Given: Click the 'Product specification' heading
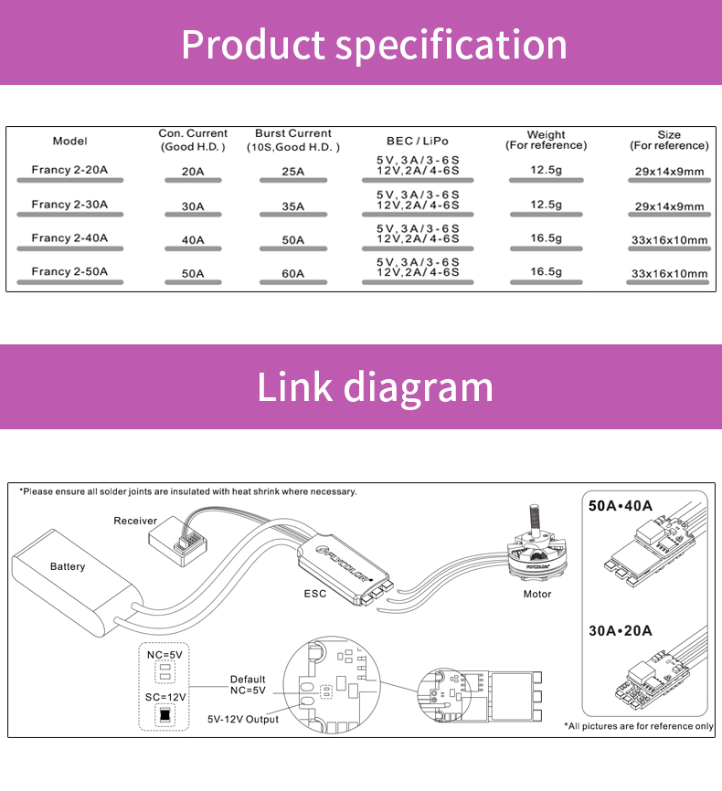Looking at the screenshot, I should tap(374, 44).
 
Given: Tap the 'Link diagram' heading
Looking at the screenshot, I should tap(375, 386).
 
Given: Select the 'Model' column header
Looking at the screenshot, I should tap(69, 141).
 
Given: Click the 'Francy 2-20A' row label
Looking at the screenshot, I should tap(69, 170).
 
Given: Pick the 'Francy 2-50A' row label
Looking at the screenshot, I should tap(69, 271).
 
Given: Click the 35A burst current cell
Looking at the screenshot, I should tap(292, 206).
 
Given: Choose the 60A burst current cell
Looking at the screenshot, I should tap(292, 273).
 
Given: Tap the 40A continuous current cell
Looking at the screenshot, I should tap(193, 240).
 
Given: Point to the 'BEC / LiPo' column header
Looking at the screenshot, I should tap(418, 141).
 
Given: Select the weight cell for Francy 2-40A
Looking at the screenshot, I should tap(546, 237).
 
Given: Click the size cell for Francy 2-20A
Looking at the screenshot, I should tap(669, 172).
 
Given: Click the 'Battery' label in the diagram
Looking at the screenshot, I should tap(68, 566).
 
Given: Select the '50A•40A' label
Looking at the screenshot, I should tap(621, 506).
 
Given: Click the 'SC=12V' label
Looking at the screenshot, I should tap(165, 696).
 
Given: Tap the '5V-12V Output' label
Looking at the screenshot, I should tap(243, 719).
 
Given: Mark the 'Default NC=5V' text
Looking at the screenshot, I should tap(248, 685).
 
